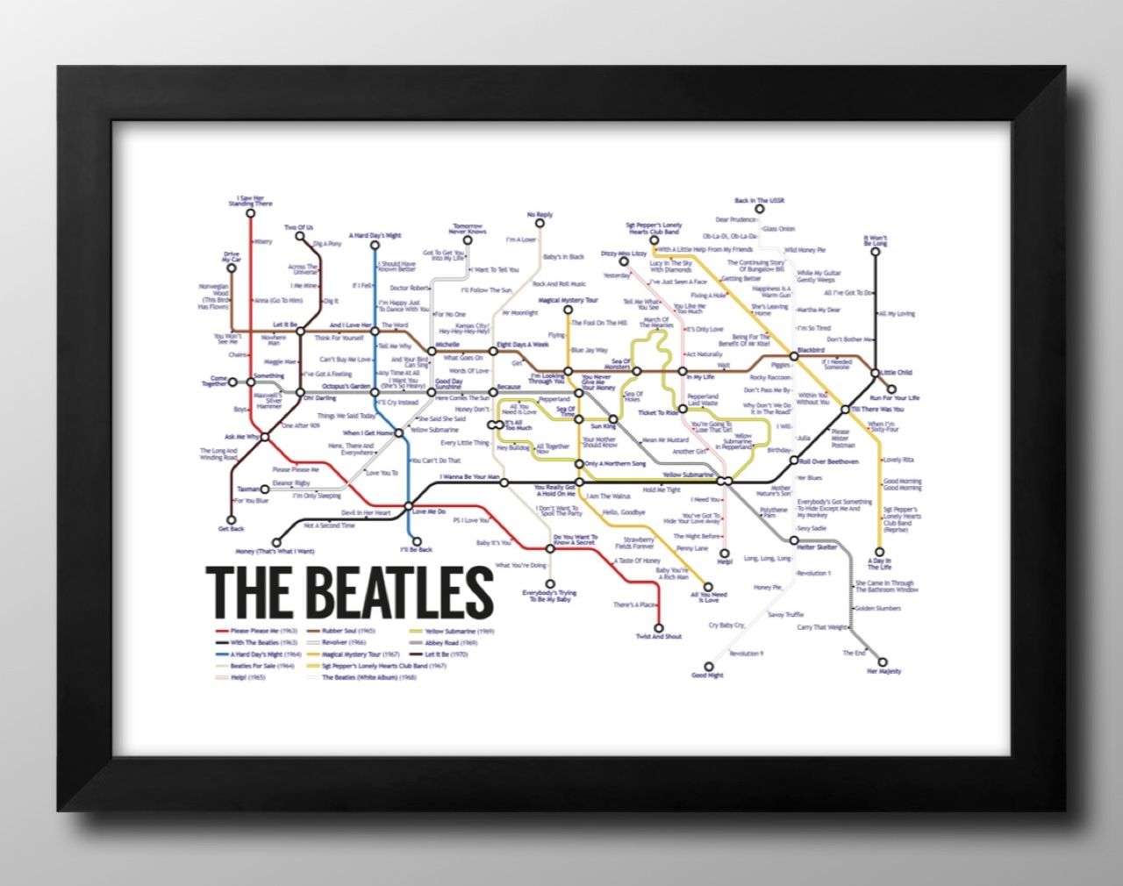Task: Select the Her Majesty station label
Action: (883, 671)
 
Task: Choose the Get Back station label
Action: (231, 529)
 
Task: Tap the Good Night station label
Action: (707, 675)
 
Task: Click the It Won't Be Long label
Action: (875, 239)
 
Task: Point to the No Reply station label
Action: (540, 214)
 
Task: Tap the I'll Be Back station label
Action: (416, 550)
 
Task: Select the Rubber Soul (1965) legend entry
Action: (348, 631)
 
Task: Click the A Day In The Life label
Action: (878, 561)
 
